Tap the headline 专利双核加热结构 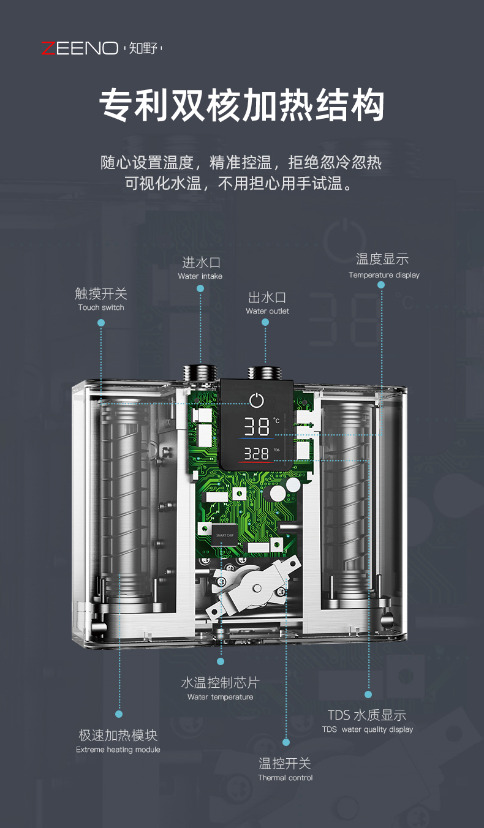click(242, 105)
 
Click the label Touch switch click(101, 307)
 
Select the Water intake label click(200, 276)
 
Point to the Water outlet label click(267, 311)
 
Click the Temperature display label click(384, 275)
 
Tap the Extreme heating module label click(118, 750)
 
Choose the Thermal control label click(285, 778)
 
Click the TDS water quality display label click(367, 729)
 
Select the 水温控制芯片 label click(221, 683)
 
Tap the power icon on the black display click(257, 401)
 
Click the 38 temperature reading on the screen click(257, 427)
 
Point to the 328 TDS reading click(256, 454)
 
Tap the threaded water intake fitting click(200, 373)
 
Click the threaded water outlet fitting click(265, 374)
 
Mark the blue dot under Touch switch click(101, 323)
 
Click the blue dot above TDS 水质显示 click(368, 694)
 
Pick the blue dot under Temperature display click(381, 285)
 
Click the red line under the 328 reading click(255, 462)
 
